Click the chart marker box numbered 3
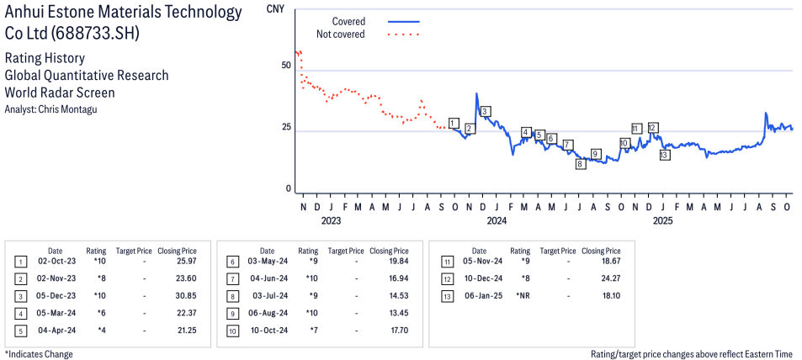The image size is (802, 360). pos(486,111)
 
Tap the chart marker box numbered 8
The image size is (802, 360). pos(580,164)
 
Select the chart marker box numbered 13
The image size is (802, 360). pos(665,155)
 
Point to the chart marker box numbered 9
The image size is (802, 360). pos(596,153)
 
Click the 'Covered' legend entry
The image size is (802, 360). pos(348,21)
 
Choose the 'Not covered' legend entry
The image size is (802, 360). pos(340,34)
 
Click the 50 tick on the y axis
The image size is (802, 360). pos(286,65)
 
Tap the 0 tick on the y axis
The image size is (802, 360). pos(289,189)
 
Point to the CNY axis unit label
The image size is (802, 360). pos(274,8)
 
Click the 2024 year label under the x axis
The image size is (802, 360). pos(497,221)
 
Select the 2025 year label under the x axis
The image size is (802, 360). pos(663,221)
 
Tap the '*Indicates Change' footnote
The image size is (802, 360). pos(39,354)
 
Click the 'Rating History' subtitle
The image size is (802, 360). pos(45,58)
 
